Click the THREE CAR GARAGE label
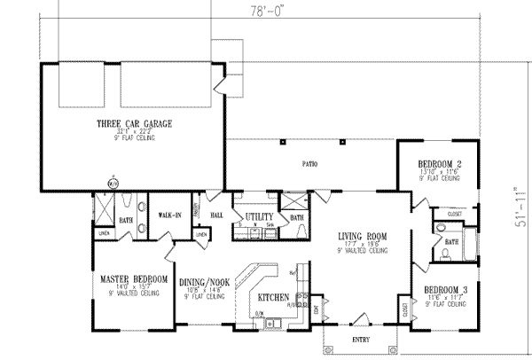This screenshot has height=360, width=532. pos(135,124)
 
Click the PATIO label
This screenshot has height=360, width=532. pos(311,165)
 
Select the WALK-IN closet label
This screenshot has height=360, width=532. pos(170,215)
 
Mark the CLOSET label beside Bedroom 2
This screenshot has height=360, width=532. pos(455,214)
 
